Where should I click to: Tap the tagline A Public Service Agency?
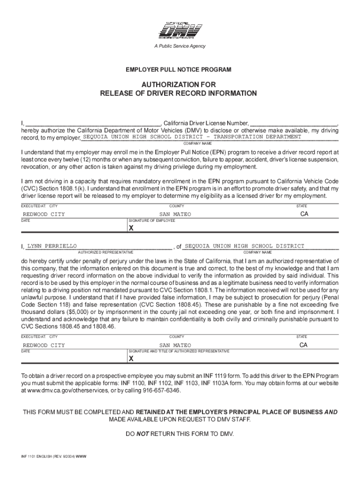(180, 46)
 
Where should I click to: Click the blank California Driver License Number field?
(293, 123)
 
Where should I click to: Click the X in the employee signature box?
(131, 228)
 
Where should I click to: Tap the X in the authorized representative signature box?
(131, 359)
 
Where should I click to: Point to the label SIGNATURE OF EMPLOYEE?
(152, 220)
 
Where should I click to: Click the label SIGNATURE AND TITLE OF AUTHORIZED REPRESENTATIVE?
(179, 351)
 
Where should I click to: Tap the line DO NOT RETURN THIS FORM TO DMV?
(180, 434)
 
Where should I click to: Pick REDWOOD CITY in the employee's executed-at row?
(44, 214)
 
